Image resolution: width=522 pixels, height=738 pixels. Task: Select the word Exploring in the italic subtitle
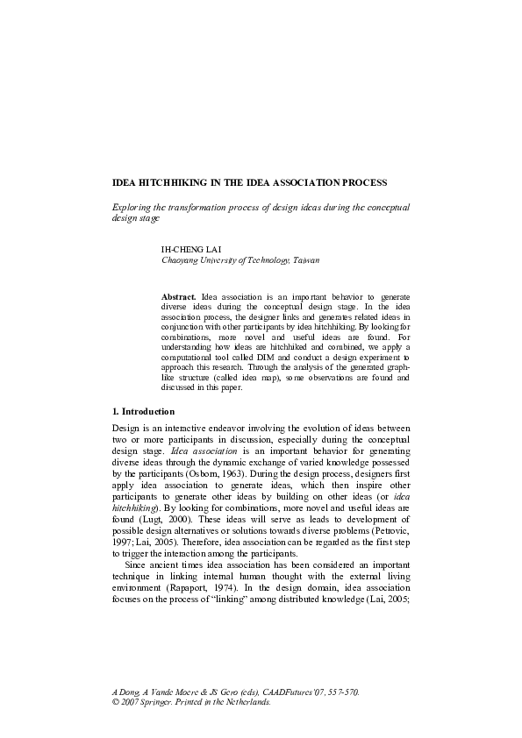pos(132,206)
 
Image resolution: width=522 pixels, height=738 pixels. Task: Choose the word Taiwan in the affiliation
pos(305,260)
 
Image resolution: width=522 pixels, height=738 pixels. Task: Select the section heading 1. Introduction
pos(145,411)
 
